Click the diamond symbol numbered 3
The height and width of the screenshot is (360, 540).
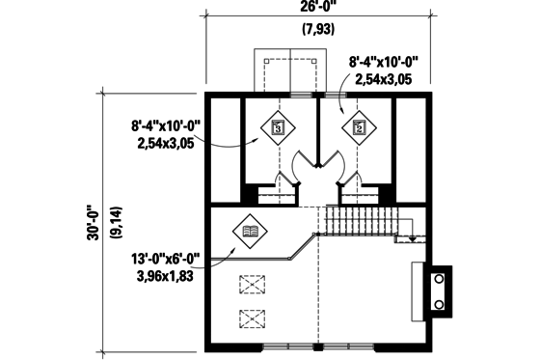pos(278,125)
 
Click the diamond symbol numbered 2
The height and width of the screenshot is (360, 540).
pos(359,125)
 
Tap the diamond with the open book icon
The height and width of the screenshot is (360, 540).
pos(250,232)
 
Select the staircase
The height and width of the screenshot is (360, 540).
pos(357,220)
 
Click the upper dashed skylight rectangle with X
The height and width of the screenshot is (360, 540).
pos(253,285)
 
